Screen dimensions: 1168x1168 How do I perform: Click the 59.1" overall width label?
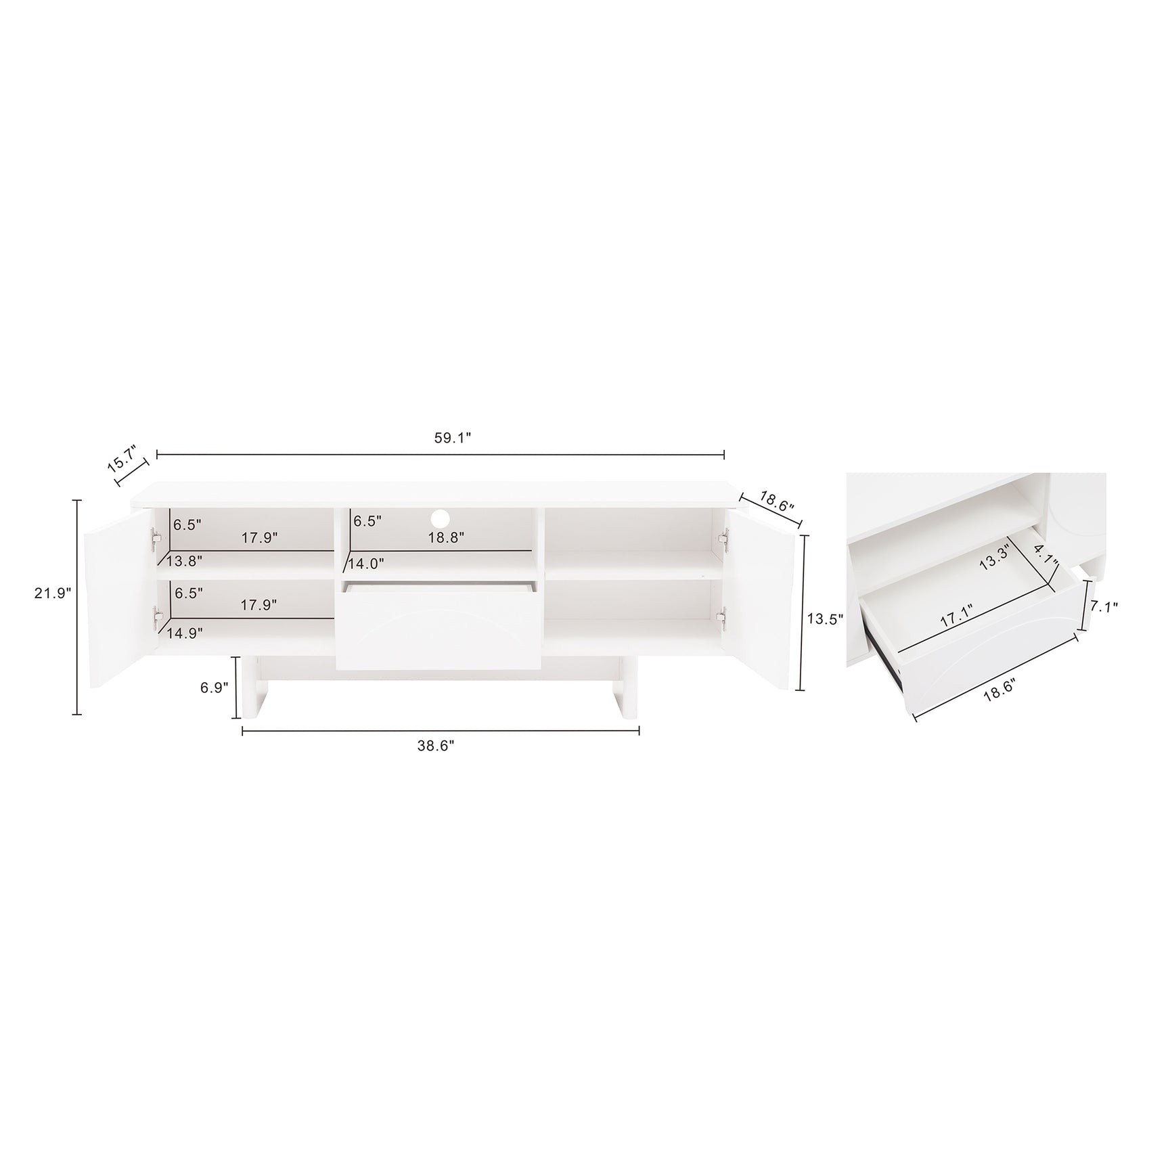(x=452, y=438)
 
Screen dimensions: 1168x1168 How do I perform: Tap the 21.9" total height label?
(x=53, y=593)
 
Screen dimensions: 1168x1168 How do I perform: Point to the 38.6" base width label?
(x=436, y=745)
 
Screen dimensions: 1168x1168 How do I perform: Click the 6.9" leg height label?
(x=215, y=686)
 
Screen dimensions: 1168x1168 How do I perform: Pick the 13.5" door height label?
(x=824, y=619)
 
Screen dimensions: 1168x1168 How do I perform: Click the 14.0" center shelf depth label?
(x=366, y=563)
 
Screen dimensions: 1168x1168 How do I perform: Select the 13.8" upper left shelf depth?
(x=184, y=560)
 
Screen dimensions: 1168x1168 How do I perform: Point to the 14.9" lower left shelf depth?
(x=185, y=633)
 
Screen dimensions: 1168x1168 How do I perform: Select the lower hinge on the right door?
(x=723, y=616)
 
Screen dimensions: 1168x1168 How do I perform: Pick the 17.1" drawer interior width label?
(x=951, y=617)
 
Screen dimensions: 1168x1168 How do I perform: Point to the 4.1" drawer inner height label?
(x=1045, y=560)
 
